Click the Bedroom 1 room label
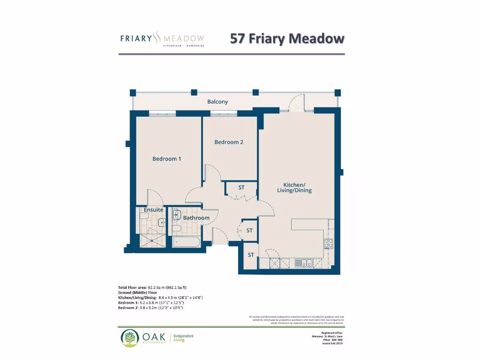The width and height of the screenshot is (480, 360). click(x=166, y=159)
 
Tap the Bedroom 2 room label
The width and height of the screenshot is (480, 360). click(x=229, y=142)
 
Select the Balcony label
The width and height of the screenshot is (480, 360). click(x=217, y=102)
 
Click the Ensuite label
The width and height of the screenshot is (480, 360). click(x=153, y=210)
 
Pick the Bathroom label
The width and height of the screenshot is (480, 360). click(x=196, y=218)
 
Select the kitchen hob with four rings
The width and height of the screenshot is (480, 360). click(x=328, y=243)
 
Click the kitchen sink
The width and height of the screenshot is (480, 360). click(x=303, y=263)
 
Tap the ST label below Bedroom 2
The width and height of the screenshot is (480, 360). click(x=241, y=187)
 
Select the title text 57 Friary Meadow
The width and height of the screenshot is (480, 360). click(x=287, y=39)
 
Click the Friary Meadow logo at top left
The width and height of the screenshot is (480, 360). click(x=162, y=38)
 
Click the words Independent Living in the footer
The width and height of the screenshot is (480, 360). click(x=183, y=338)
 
